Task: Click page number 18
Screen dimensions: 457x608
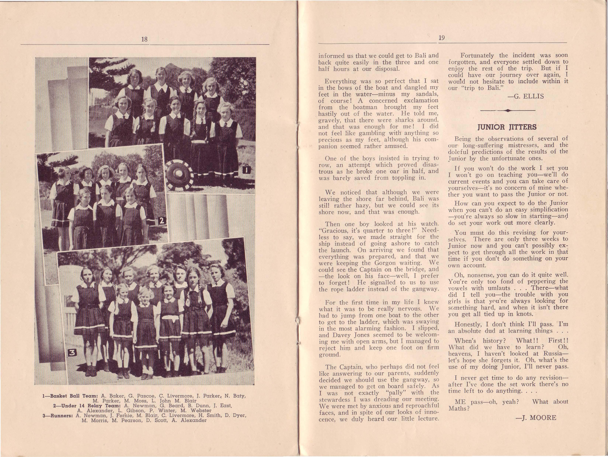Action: [144, 39]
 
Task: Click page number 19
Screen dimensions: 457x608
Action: [442, 38]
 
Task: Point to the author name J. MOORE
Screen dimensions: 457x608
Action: [536, 418]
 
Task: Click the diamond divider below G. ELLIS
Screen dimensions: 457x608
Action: [507, 111]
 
